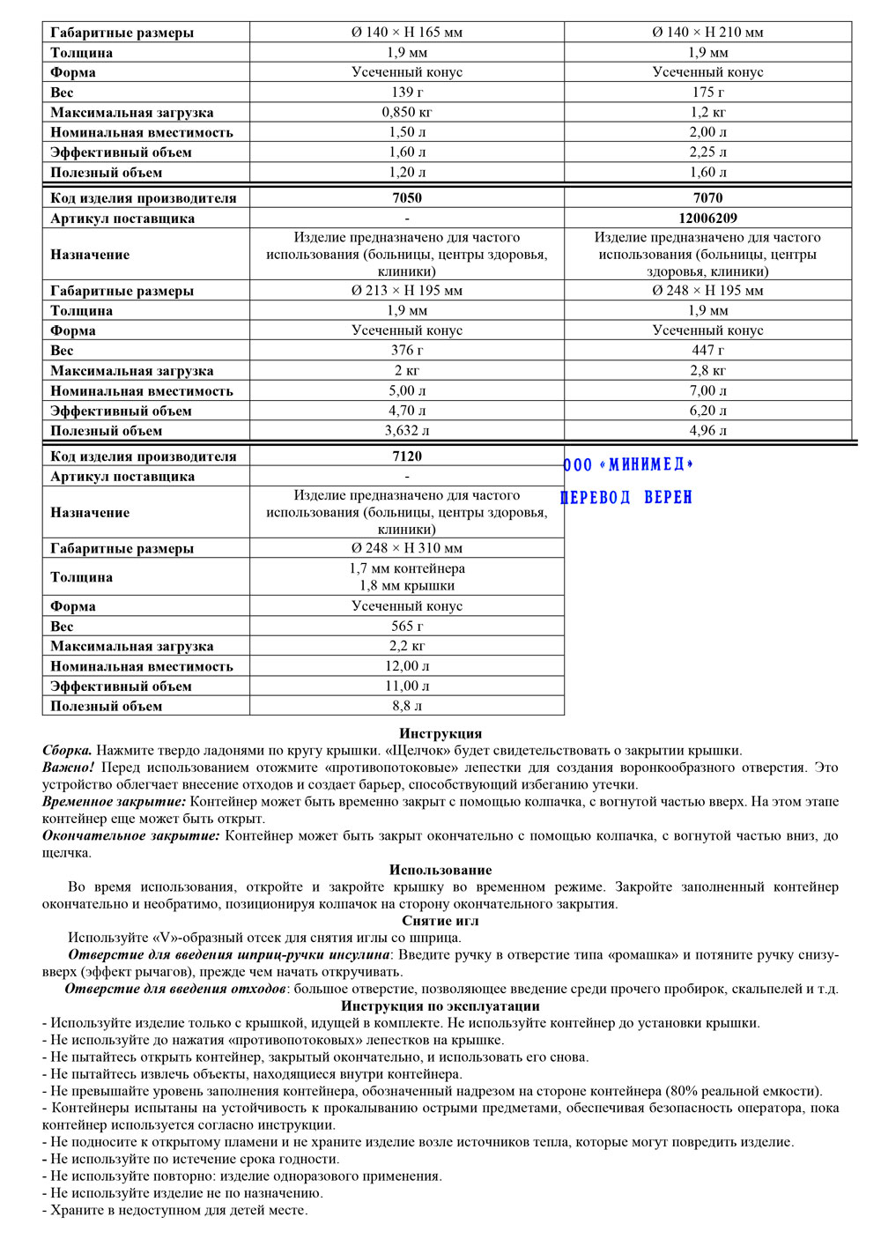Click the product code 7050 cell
407,197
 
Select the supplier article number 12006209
707,218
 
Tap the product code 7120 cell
407,456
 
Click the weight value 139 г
407,92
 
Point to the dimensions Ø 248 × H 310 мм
407,548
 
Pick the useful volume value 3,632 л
407,431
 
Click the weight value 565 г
407,626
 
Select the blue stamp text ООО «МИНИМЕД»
628,464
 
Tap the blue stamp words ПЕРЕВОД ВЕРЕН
626,498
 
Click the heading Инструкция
440,733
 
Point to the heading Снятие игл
440,921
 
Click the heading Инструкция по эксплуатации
440,1006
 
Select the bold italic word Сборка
67,751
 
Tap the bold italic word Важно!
69,768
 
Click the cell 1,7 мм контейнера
407,568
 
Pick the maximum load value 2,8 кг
707,370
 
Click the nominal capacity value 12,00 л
407,666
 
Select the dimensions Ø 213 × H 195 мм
407,290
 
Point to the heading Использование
440,870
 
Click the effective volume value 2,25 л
707,152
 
